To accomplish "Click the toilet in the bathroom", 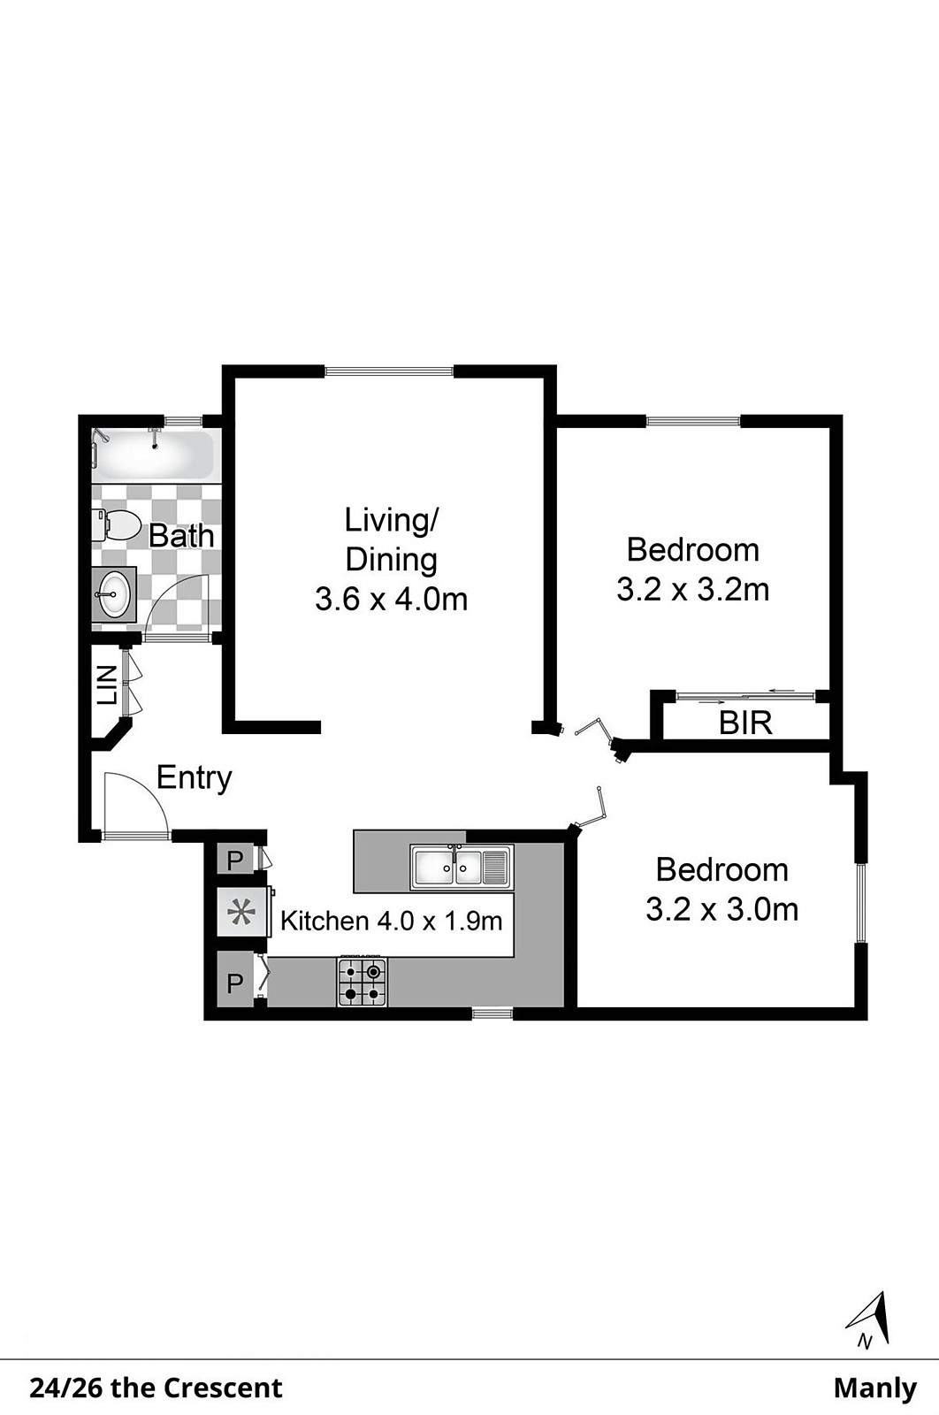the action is point(116,525).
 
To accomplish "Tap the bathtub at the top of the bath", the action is point(154,455).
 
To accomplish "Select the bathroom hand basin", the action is point(114,593).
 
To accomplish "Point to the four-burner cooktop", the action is point(363,982).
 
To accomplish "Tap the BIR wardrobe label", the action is point(745,723).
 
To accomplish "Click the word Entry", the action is point(194,777).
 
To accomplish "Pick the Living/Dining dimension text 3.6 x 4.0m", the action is point(392,599).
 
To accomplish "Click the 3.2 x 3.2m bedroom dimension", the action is point(692,590).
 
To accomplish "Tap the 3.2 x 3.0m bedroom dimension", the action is point(721,910).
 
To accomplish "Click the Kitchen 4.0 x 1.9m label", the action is point(392,921).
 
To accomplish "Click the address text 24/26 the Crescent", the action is point(156,1388).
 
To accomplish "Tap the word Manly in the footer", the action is point(875,1389).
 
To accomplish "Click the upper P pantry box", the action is point(235,860).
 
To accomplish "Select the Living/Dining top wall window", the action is point(390,371).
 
